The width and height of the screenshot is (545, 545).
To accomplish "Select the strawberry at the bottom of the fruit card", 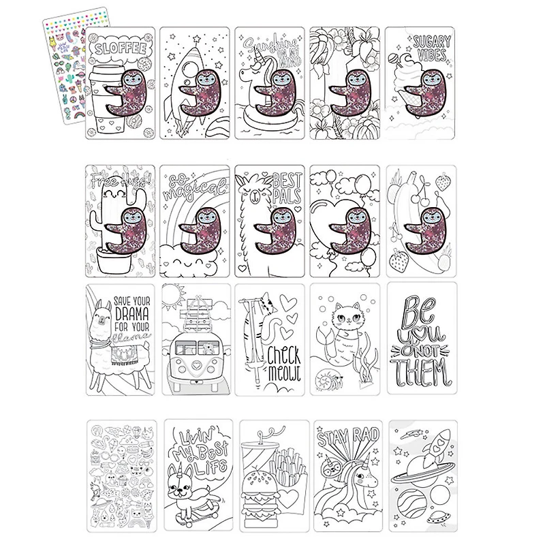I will tap(398, 260).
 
